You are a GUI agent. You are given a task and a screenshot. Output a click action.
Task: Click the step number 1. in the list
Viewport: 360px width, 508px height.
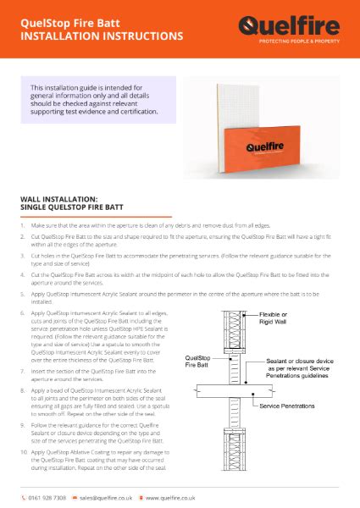point(22,227)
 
